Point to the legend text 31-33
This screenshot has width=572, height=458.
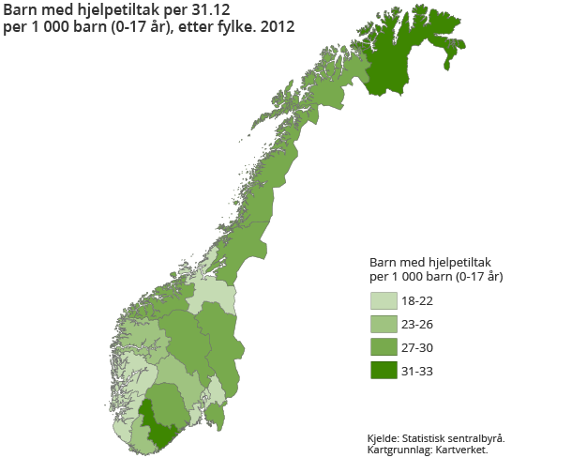[417, 372]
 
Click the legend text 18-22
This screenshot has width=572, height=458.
[417, 301]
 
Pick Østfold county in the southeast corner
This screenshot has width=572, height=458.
[216, 411]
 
